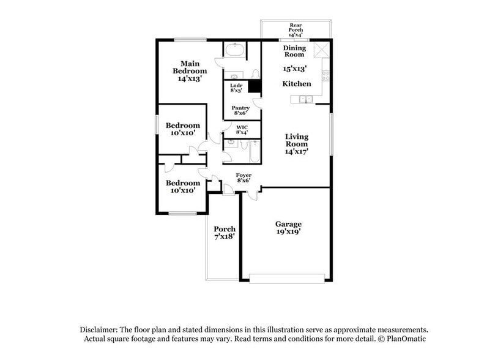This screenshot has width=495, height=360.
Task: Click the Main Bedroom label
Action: [x=190, y=70]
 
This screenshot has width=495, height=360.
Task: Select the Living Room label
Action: [x=297, y=144]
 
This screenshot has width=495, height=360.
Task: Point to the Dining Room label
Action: [x=294, y=51]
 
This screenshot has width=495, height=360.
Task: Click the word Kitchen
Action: [x=297, y=83]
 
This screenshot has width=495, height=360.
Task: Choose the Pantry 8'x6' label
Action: [x=240, y=111]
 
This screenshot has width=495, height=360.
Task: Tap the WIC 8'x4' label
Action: [x=241, y=130]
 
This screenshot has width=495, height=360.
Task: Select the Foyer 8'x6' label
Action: [x=244, y=178]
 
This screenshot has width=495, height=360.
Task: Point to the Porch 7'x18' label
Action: [x=225, y=232]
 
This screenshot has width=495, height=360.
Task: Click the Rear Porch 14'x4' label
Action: [x=296, y=30]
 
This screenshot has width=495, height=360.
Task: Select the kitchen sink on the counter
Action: [x=305, y=99]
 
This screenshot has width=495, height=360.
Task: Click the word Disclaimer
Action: [x=99, y=329]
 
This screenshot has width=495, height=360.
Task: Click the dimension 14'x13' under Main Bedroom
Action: [x=190, y=78]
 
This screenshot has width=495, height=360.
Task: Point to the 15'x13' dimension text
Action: [x=294, y=69]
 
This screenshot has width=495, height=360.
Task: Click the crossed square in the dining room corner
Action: [x=321, y=50]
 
